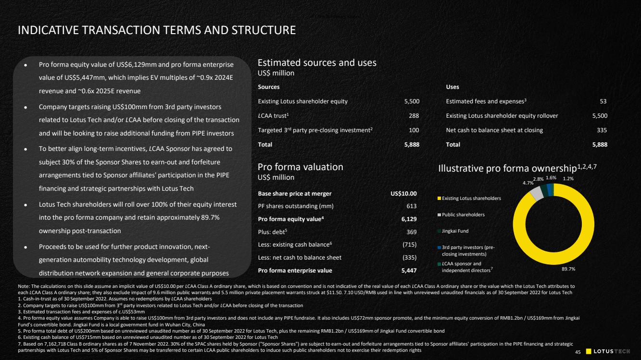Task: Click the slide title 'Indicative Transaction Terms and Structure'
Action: (156, 30)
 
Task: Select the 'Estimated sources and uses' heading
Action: (317, 62)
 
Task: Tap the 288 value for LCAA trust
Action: (414, 116)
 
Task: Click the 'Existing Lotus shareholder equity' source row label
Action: (302, 101)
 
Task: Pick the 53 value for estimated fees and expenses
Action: (603, 101)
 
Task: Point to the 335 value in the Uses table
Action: (601, 130)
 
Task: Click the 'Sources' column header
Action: (269, 87)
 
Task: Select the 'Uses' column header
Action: (452, 87)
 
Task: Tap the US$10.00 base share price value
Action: (403, 194)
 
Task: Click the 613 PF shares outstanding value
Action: (411, 206)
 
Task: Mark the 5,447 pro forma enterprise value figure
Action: (408, 270)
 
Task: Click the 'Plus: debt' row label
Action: (272, 232)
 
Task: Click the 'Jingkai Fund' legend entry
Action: (455, 231)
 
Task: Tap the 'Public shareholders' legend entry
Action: (463, 214)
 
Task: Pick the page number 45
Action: (578, 352)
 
